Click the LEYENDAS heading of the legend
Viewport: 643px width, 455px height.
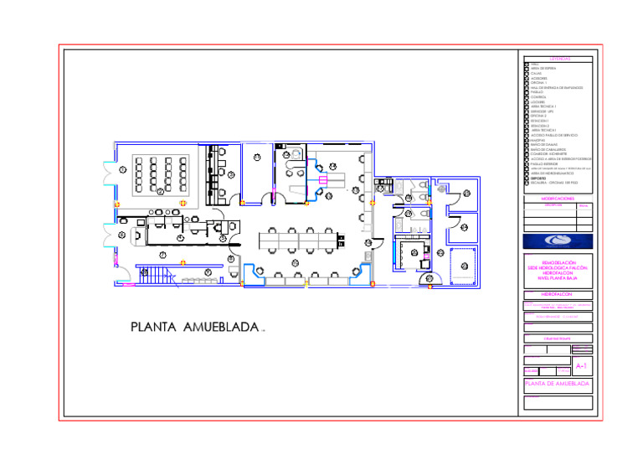[560, 59]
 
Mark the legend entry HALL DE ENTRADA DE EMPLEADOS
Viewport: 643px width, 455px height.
[556, 88]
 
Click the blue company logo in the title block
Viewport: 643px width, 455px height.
[558, 241]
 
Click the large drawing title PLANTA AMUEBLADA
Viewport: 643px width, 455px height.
[194, 327]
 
